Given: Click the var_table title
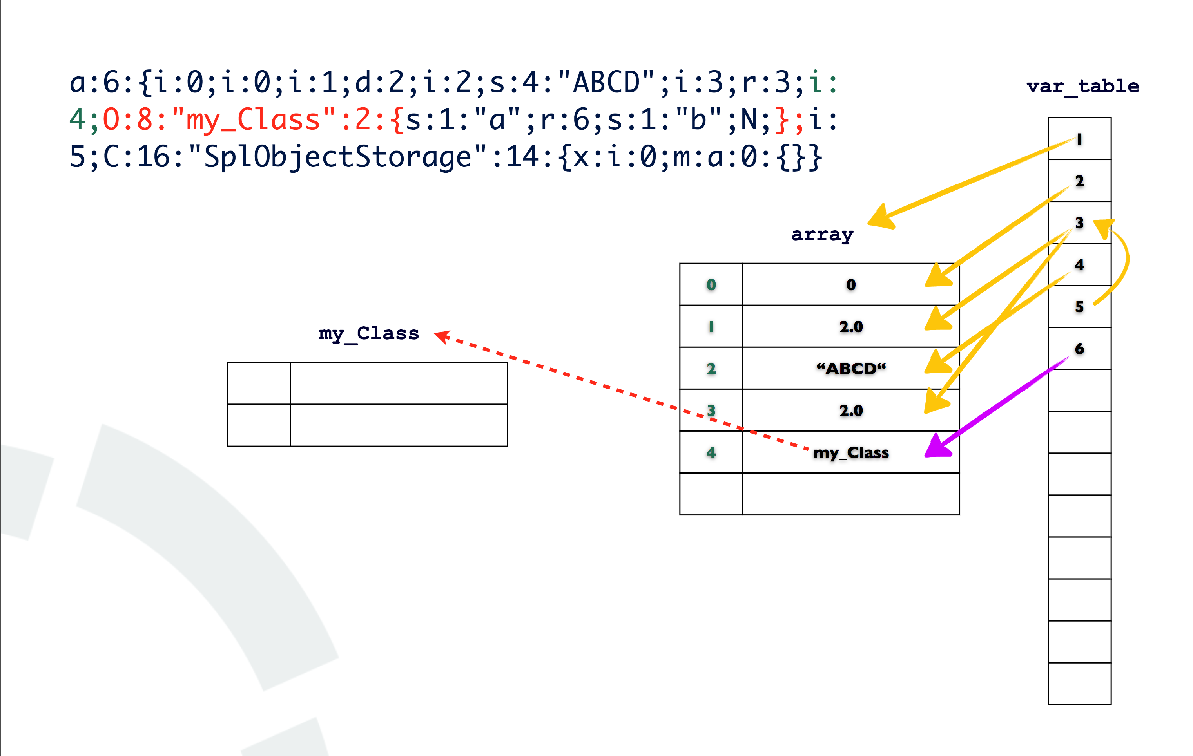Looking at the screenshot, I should tap(1082, 86).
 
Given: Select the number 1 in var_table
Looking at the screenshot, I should tap(1079, 139).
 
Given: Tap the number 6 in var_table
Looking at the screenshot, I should tap(1079, 349).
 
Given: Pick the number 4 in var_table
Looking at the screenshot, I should tap(1079, 265).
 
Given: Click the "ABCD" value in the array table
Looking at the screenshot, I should tap(850, 368).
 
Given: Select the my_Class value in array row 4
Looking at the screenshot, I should tap(850, 452).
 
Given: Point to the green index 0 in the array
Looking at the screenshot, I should tap(711, 285).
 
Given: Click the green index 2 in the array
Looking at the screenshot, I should tap(711, 368).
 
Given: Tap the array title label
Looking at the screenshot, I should tap(822, 234).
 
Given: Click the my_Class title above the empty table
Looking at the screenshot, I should tap(369, 333).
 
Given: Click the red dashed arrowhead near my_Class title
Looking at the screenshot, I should tap(441, 336).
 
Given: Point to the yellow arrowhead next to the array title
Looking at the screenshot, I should tap(881, 217).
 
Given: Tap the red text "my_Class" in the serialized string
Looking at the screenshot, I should tap(253, 120).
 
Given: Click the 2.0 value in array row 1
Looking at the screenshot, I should tap(850, 327).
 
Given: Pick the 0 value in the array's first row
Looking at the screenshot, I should tap(850, 285).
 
